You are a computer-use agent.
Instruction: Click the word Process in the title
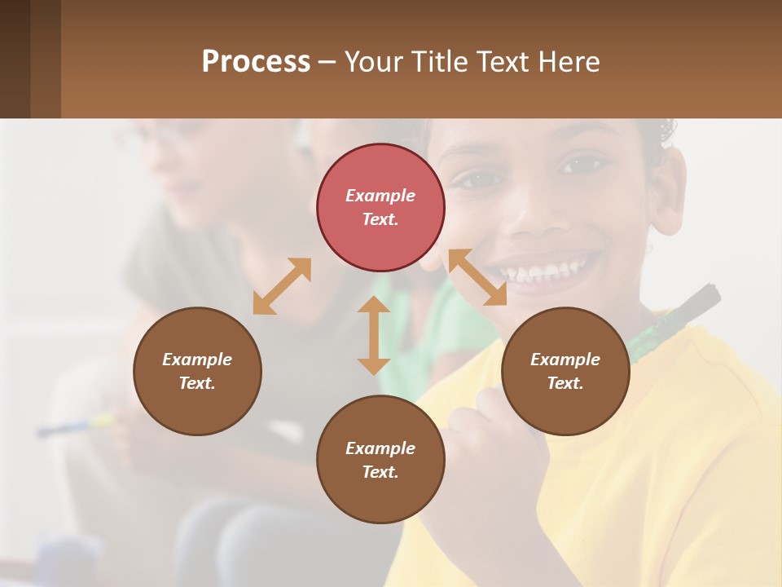coord(256,62)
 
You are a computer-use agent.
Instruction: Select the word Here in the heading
coord(569,62)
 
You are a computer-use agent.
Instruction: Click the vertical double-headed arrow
coord(374,335)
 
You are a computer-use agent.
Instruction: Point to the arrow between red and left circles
coord(282,285)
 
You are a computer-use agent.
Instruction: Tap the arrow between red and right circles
coord(477,277)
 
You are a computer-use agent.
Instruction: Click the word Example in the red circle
coord(380,196)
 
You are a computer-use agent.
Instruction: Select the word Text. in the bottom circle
coord(380,472)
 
